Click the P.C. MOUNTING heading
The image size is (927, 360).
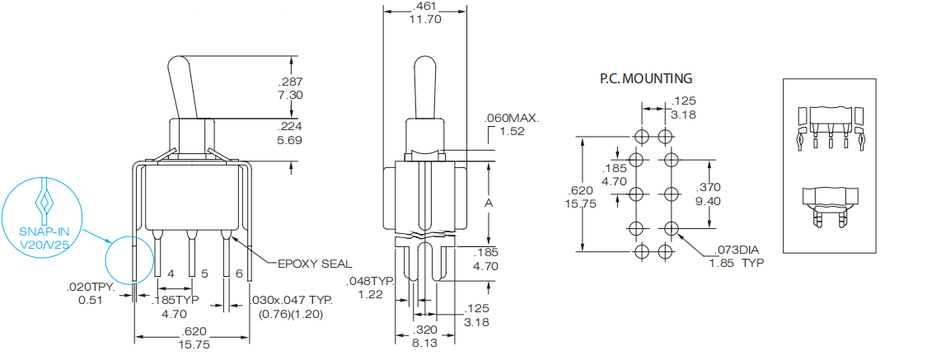point(646,79)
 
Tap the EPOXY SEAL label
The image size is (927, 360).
point(314,264)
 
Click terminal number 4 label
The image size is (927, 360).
point(171,273)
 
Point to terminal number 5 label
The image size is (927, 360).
point(204,273)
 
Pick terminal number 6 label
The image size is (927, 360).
point(238,273)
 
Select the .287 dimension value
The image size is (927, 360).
point(291,82)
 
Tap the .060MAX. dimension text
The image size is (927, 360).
point(513,119)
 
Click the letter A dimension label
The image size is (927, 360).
point(490,203)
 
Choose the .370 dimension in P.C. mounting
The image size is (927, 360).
point(709,188)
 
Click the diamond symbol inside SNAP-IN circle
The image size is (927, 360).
point(43,201)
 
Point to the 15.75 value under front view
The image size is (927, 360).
point(194,346)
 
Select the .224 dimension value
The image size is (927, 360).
point(291,127)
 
